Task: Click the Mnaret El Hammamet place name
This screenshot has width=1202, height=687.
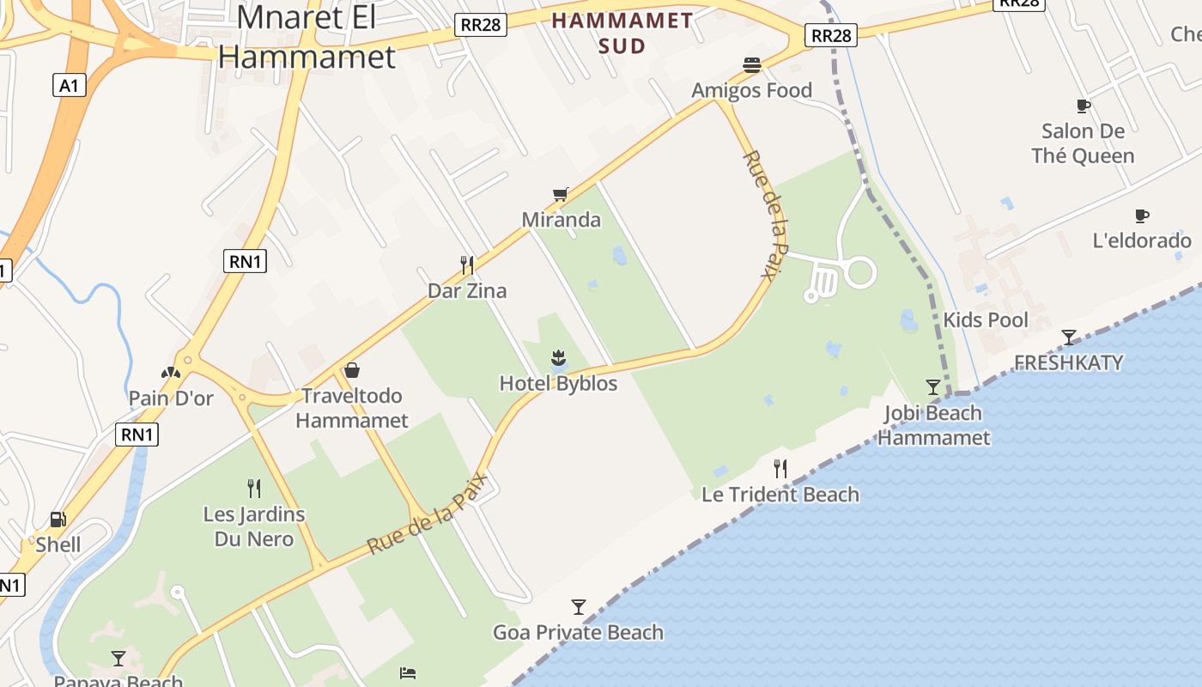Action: [x=307, y=36]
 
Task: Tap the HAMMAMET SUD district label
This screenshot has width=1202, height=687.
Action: [x=622, y=33]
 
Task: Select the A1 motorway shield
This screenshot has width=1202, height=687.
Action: [x=70, y=85]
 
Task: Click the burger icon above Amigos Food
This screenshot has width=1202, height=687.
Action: [x=752, y=65]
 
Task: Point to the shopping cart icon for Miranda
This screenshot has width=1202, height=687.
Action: [x=561, y=195]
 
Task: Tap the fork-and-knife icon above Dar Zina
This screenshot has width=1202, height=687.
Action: [x=467, y=264]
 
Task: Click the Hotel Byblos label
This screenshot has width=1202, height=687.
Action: [x=558, y=383]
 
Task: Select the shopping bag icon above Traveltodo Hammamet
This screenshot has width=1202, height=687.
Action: [x=352, y=370]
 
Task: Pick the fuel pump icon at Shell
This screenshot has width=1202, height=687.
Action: [x=58, y=519]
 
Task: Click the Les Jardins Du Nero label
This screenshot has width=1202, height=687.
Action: [x=253, y=526]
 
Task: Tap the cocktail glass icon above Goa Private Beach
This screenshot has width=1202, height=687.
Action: [x=579, y=607]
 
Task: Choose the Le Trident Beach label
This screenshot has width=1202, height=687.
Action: [x=780, y=495]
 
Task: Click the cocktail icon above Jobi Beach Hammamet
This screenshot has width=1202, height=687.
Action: [x=933, y=387]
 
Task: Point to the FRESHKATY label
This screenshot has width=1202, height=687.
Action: [x=1068, y=362]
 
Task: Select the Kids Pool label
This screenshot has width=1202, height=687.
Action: [x=986, y=320]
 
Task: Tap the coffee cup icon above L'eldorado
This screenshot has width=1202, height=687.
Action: [x=1142, y=216]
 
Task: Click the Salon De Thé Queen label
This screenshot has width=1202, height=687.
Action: [x=1083, y=143]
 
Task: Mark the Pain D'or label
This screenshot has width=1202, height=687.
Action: [x=171, y=398]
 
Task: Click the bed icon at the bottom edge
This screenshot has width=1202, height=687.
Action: [x=409, y=672]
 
